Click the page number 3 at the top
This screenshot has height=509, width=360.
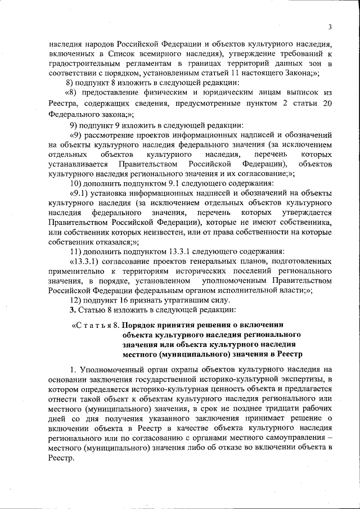330,26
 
